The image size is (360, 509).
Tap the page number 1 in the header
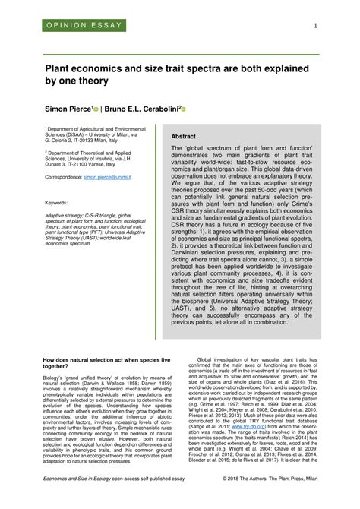pos(314,27)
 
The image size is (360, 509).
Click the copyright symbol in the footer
pos(248,501)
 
